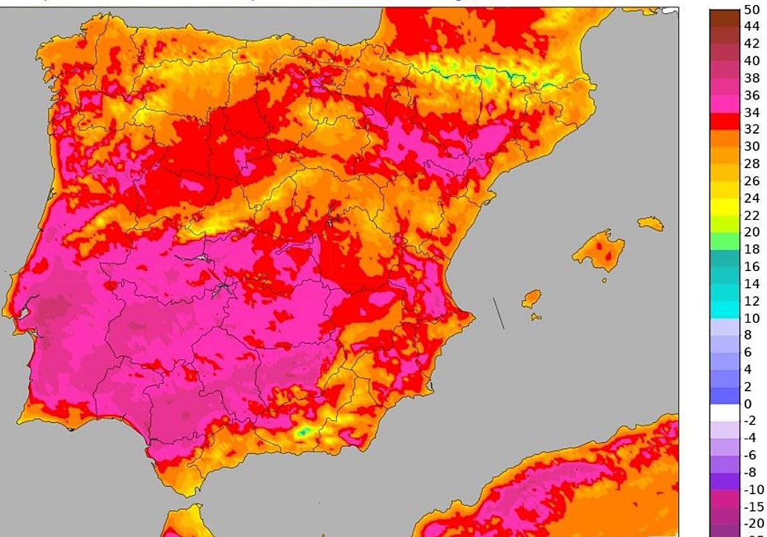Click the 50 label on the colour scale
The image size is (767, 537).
coord(751,10)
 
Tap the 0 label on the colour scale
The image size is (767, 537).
coord(748,404)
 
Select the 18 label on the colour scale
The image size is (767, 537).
coord(751,249)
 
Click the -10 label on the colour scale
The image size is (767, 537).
coord(754,490)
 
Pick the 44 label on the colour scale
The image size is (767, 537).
coord(751,27)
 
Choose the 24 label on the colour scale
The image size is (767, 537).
coord(751,198)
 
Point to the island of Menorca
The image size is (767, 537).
coord(651,223)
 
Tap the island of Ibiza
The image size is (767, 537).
coord(531,299)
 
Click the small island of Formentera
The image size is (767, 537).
coord(536,316)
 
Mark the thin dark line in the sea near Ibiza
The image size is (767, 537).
coord(498,313)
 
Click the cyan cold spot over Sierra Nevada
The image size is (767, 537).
coord(302,432)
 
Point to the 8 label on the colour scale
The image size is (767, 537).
coord(748,335)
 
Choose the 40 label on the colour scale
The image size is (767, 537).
coord(751,61)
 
